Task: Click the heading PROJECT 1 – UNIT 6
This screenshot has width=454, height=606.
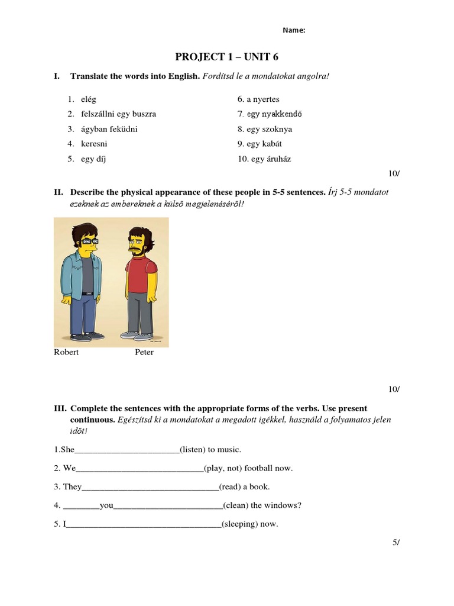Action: pos(226,57)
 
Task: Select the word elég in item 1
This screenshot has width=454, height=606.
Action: pos(88,99)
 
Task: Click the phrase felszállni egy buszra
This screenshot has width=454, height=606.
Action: pos(118,114)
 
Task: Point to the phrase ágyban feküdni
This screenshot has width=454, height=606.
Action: pos(109,129)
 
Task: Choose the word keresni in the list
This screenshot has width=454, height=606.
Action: pos(94,144)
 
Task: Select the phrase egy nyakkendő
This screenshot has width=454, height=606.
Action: pos(270,114)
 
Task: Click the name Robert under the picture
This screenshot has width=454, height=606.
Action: pos(66,352)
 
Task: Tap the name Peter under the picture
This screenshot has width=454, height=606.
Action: pos(144,352)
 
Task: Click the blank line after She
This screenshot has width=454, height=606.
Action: pos(127,450)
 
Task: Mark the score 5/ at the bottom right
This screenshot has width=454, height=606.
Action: pos(395,543)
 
